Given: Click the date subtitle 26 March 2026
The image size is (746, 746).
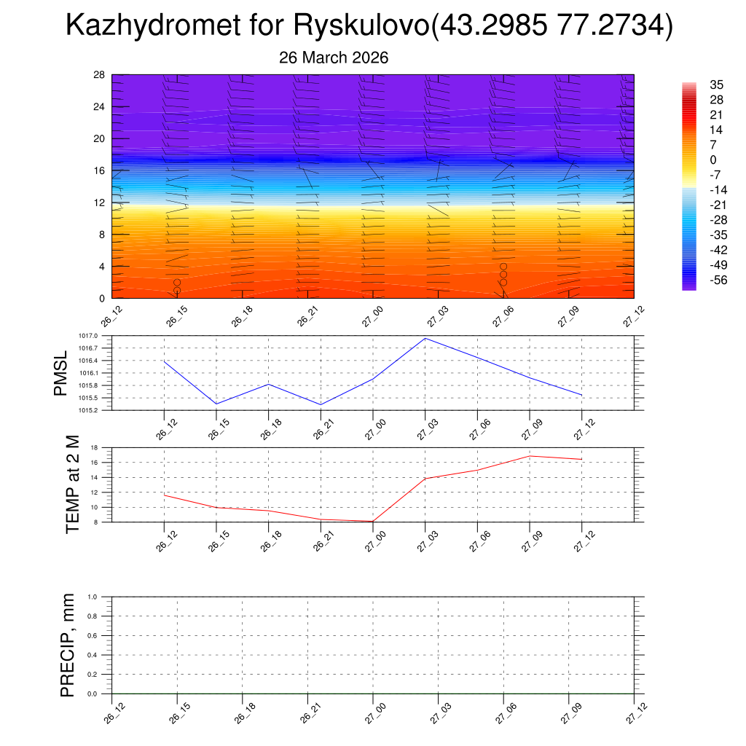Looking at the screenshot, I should coord(334,58).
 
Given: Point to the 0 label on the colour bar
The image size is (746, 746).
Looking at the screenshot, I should coord(713,160).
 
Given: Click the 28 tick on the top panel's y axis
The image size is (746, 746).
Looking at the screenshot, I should coord(100,75).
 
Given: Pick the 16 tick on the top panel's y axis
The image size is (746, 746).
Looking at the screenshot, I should coord(100,170).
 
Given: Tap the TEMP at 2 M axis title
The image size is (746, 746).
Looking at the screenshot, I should coord(72,484).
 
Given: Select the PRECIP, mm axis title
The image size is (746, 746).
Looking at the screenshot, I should coord(68,645).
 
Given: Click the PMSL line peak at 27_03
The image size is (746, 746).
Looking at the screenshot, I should coord(425,338).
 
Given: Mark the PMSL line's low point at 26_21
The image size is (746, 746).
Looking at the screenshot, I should coord(321,404).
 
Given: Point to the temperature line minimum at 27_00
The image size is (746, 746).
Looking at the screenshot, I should coord(373,521).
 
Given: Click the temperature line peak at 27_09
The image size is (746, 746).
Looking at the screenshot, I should coord(530,456).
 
